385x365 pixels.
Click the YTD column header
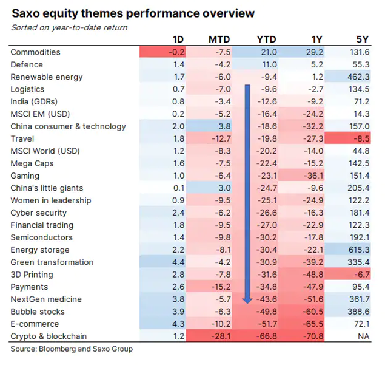click(268, 40)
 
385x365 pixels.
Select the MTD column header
click(219, 40)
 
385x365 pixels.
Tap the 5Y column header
click(362, 40)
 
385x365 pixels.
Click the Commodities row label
click(35, 52)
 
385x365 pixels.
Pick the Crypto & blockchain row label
click(49, 336)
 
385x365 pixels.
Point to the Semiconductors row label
click(41, 237)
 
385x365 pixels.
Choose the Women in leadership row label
click(51, 200)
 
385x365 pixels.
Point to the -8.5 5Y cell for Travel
click(361, 138)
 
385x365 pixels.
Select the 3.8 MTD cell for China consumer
click(223, 126)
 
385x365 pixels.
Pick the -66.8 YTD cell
click(267, 336)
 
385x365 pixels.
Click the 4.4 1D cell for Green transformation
click(177, 262)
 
